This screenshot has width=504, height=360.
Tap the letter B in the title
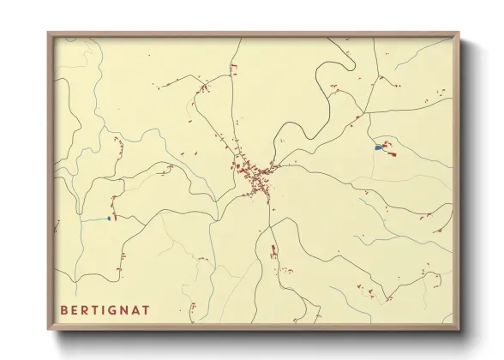tap(64, 309)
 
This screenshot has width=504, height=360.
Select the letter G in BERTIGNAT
tap(124, 309)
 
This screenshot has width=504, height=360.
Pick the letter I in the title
tap(113, 309)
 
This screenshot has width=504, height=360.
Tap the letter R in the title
tap(89, 309)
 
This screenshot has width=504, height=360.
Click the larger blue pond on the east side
tap(378, 147)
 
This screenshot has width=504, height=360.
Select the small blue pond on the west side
tap(109, 218)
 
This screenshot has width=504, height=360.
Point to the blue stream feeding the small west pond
tap(90, 219)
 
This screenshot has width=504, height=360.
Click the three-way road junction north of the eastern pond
tap(367, 112)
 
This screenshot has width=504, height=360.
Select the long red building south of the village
tap(273, 249)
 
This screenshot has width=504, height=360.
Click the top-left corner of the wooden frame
tap(49, 33)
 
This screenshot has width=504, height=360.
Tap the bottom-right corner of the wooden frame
tap(459, 330)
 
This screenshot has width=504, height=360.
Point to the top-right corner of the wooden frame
tap(459, 33)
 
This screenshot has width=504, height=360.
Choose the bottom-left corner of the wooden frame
tap(49, 330)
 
